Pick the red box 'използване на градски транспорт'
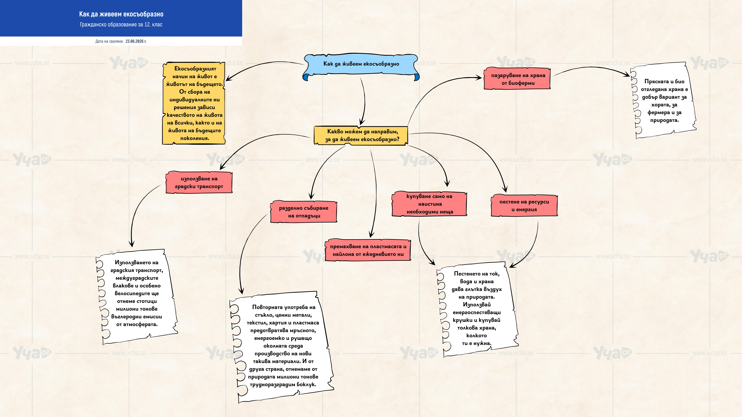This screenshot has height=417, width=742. [x=199, y=182]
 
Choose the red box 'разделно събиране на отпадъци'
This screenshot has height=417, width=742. [x=304, y=212]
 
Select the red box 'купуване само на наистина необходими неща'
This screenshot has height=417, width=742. [x=429, y=204]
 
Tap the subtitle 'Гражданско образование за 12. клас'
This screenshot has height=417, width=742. [x=121, y=24]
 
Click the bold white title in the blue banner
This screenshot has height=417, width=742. [x=121, y=14]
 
